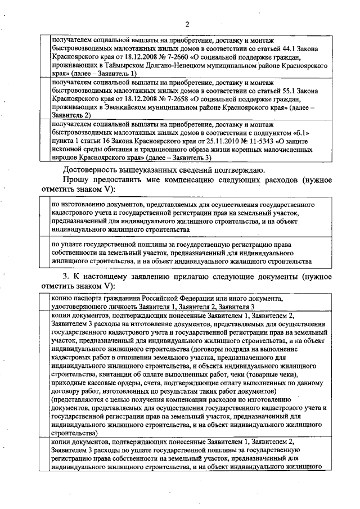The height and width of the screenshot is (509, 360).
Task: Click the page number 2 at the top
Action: pos(187,24)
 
